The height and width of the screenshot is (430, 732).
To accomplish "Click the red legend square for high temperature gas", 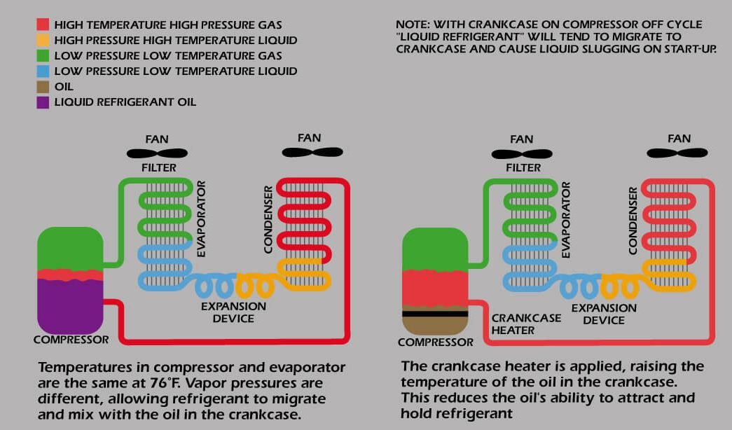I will (x=43, y=25).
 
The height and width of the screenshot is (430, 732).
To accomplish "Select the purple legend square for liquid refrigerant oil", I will (x=43, y=102).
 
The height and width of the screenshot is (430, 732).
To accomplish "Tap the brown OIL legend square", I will (x=43, y=87).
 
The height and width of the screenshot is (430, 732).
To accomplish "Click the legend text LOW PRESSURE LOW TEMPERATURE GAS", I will (x=168, y=55).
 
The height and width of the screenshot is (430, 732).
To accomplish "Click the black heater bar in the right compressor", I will (x=435, y=314).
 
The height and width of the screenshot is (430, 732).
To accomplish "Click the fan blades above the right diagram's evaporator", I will (x=521, y=154).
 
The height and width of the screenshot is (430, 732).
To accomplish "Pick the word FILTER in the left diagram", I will (x=159, y=168).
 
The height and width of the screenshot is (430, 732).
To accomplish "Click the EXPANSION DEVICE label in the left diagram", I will (x=233, y=312).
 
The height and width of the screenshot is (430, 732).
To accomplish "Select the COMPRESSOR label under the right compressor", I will (x=435, y=342).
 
